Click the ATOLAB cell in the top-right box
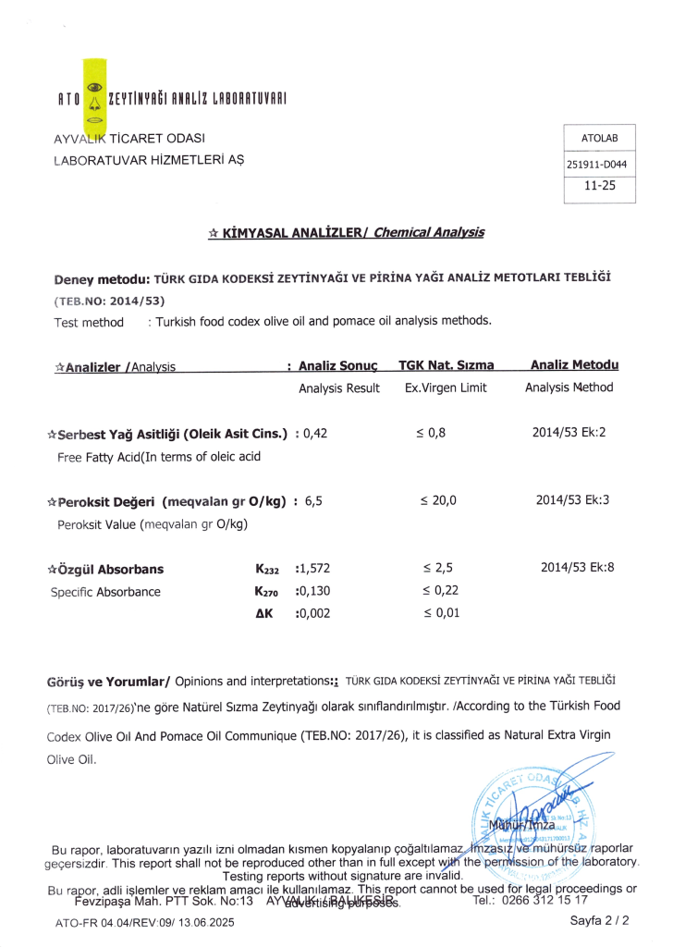point(599,139)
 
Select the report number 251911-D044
point(599,165)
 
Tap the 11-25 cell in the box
point(599,185)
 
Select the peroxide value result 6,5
point(312,501)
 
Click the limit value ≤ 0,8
point(433,433)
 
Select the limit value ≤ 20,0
point(438,501)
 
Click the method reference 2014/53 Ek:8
point(577,568)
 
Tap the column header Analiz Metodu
point(574,365)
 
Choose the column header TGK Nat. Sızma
point(447,366)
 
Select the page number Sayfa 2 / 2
point(600,921)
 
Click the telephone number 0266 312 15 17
point(543,900)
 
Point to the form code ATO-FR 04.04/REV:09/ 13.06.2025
point(145,922)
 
